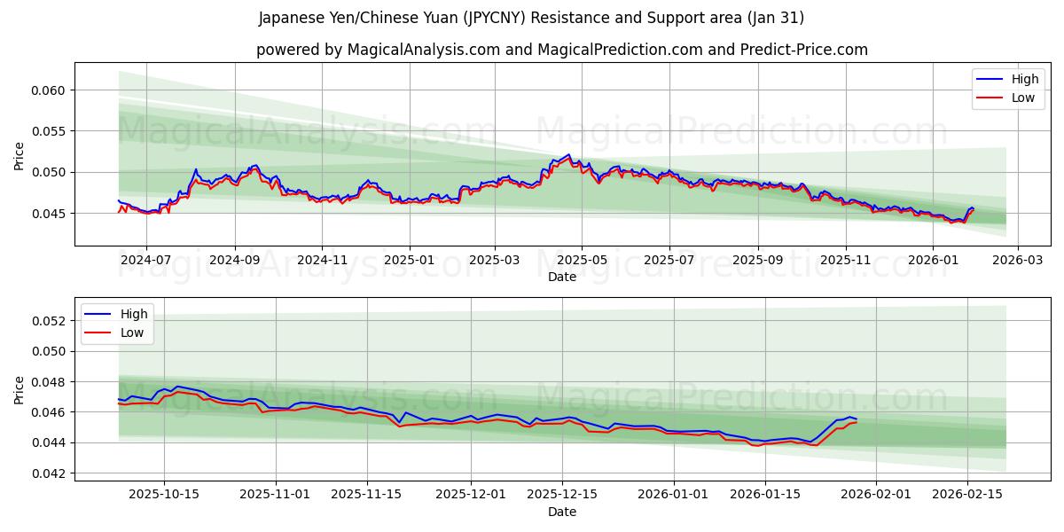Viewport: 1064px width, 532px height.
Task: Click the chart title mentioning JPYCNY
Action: pos(531,18)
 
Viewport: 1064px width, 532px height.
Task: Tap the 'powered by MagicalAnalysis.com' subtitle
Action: pos(561,50)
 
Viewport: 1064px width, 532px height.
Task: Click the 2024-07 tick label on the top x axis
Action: pos(145,261)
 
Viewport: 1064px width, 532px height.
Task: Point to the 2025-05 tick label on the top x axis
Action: pos(582,261)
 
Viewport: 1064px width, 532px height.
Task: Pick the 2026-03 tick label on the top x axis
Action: pos(1017,261)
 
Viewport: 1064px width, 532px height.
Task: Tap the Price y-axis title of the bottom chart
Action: pos(20,388)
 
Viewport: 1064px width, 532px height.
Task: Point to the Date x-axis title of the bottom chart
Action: pos(561,512)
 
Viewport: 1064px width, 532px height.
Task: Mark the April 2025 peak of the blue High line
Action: pos(568,154)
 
